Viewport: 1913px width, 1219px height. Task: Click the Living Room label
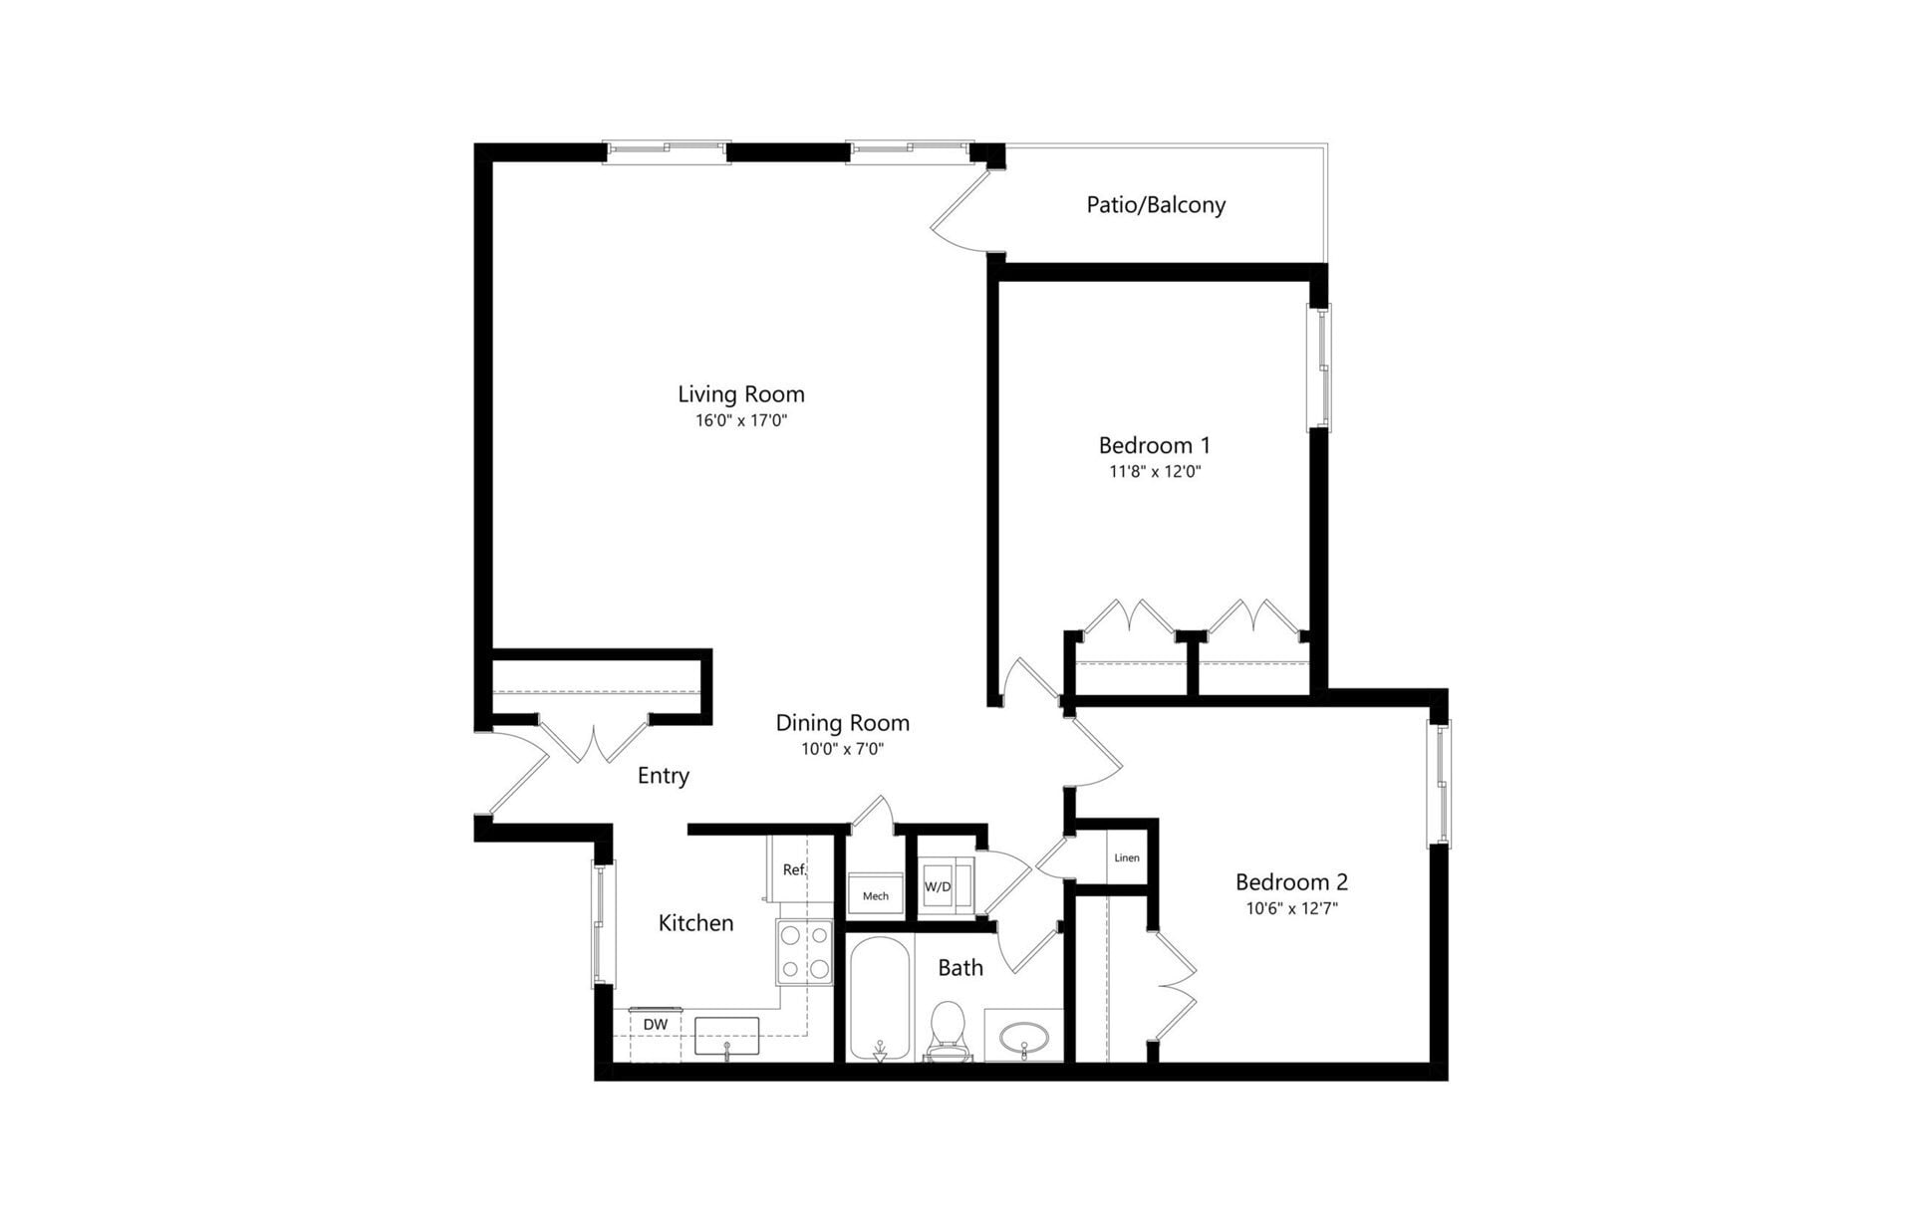pyautogui.click(x=740, y=394)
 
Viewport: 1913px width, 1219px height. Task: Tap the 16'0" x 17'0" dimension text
pyautogui.click(x=741, y=420)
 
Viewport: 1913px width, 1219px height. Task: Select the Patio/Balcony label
pyautogui.click(x=1156, y=205)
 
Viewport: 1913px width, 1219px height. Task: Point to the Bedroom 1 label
pyautogui.click(x=1154, y=445)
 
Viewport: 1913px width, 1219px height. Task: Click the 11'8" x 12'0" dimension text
pyautogui.click(x=1155, y=472)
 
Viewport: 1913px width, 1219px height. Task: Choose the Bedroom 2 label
pyautogui.click(x=1291, y=882)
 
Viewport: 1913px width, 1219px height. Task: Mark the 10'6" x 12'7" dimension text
pyautogui.click(x=1291, y=908)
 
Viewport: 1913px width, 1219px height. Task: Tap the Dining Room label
pyautogui.click(x=842, y=723)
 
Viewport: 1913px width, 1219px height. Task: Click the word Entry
pyautogui.click(x=663, y=776)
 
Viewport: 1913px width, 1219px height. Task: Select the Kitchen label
pyautogui.click(x=695, y=923)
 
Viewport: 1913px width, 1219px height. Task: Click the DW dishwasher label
pyautogui.click(x=655, y=1025)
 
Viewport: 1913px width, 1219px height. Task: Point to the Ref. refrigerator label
pyautogui.click(x=794, y=869)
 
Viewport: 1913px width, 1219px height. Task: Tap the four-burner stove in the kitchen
pyautogui.click(x=805, y=952)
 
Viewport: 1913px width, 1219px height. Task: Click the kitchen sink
pyautogui.click(x=726, y=1037)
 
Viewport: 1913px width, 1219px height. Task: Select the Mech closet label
pyautogui.click(x=876, y=896)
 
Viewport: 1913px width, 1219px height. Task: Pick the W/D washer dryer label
pyautogui.click(x=938, y=886)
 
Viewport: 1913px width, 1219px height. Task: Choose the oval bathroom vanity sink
pyautogui.click(x=1023, y=1038)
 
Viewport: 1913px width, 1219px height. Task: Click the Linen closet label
pyautogui.click(x=1127, y=857)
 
